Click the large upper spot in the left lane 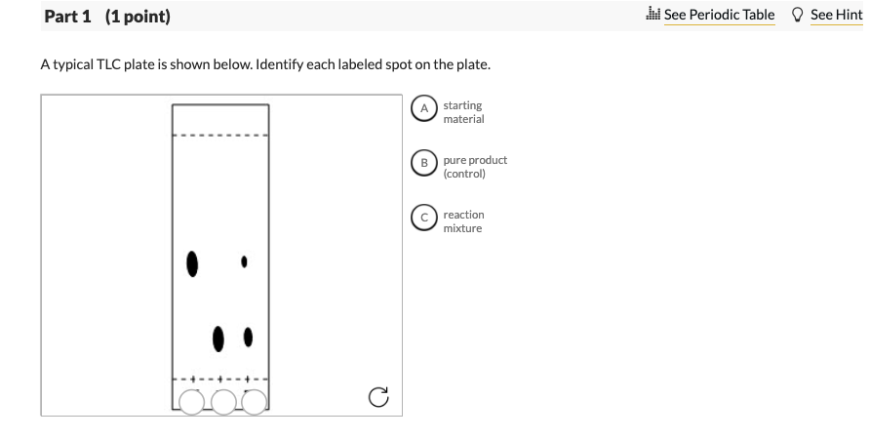(193, 262)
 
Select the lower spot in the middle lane (219, 338)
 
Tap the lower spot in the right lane (249, 337)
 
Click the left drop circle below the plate (193, 401)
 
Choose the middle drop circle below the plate (223, 401)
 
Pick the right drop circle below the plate (254, 401)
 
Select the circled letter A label (424, 109)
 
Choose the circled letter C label (424, 219)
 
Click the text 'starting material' (462, 112)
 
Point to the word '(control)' (463, 174)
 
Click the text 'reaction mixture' (462, 221)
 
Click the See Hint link (836, 15)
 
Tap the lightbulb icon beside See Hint (797, 15)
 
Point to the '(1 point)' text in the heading (137, 17)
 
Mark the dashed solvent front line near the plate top (220, 135)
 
